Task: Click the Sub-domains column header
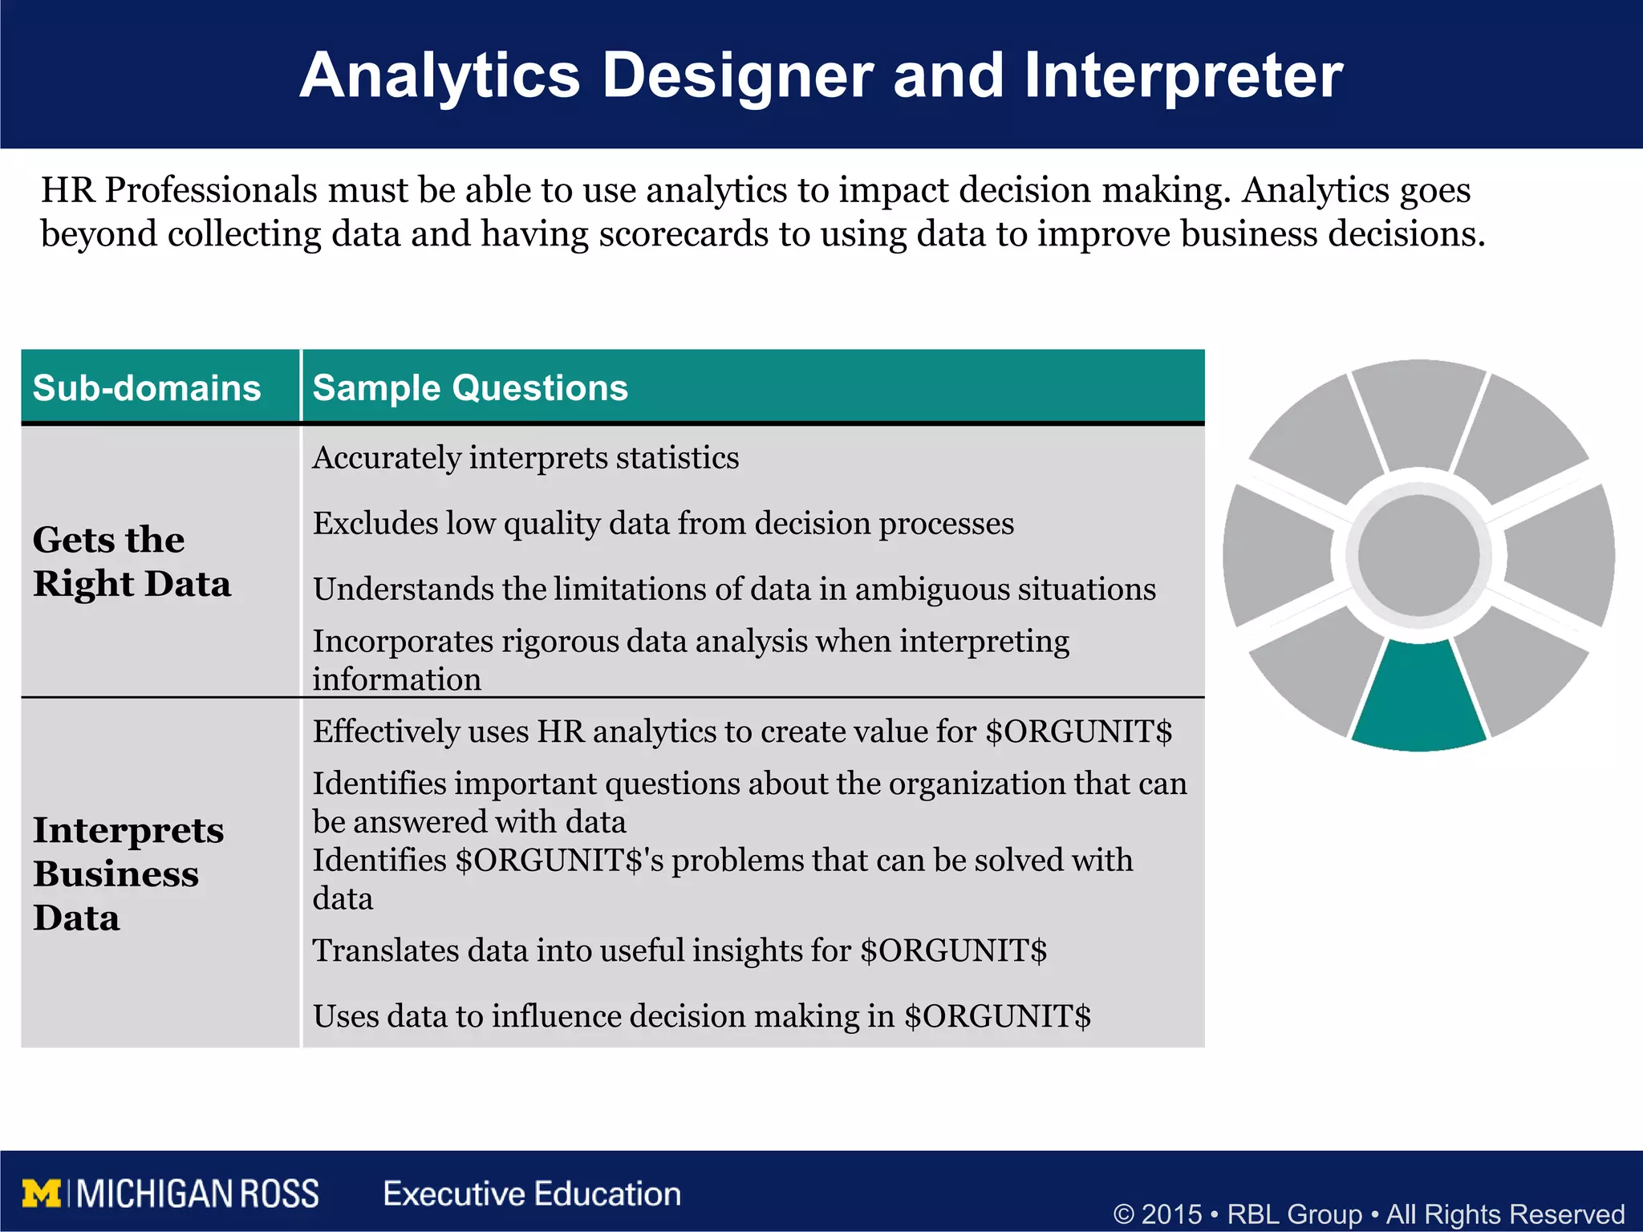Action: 147,388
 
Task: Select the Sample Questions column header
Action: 470,388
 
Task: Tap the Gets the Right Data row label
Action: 132,561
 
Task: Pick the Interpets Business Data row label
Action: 128,873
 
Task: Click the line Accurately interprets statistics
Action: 525,458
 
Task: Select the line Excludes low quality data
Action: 663,524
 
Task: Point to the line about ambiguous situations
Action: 733,590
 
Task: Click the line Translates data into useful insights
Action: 679,951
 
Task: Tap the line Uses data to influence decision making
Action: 701,1017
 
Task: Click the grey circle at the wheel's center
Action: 1418,555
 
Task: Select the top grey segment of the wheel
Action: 1418,413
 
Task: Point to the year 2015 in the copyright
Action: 1171,1214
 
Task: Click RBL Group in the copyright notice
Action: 1294,1214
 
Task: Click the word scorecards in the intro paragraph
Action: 684,234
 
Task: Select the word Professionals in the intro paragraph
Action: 211,191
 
